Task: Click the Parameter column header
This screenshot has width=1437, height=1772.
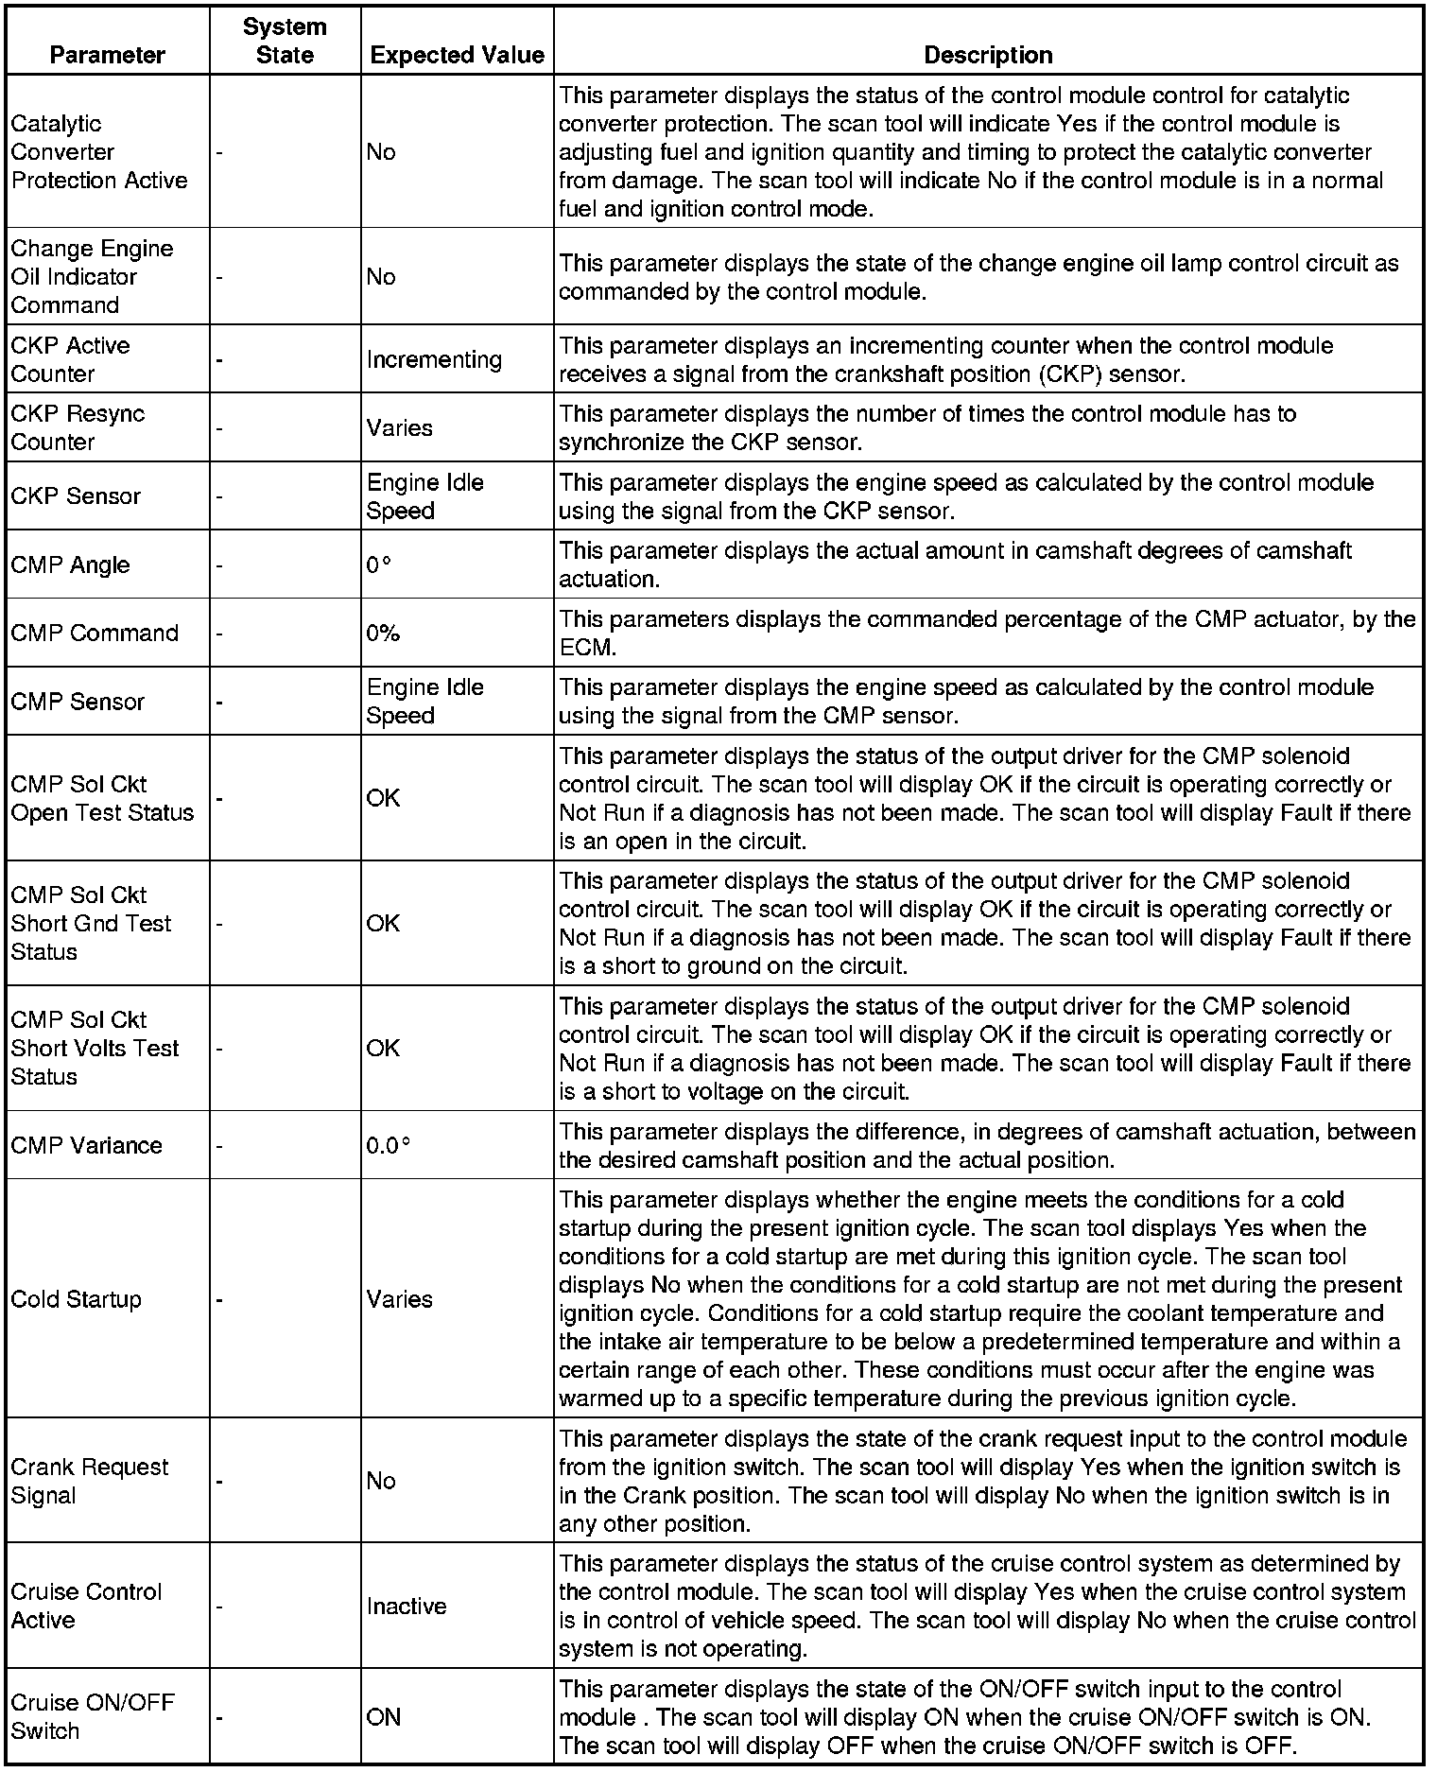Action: pyautogui.click(x=107, y=55)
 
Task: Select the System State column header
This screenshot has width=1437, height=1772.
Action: pyautogui.click(x=285, y=41)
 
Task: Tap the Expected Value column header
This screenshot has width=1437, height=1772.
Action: pyautogui.click(x=458, y=55)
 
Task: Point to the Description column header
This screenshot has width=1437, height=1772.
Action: pyautogui.click(x=988, y=55)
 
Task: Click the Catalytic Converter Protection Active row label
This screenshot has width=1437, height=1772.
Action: pyautogui.click(x=99, y=151)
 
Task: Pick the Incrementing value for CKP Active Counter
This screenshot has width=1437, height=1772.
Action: pyautogui.click(x=434, y=359)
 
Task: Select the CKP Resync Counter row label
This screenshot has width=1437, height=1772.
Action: pyautogui.click(x=78, y=427)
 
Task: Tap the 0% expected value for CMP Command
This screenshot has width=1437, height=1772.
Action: pyautogui.click(x=383, y=633)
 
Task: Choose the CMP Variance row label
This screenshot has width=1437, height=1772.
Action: pyautogui.click(x=87, y=1145)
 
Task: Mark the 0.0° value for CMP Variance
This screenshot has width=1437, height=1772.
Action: pyautogui.click(x=389, y=1145)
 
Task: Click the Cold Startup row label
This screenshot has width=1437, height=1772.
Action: pyautogui.click(x=76, y=1298)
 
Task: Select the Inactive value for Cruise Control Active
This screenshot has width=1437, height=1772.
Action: pyautogui.click(x=407, y=1606)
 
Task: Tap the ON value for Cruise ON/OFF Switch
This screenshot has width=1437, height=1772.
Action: pyautogui.click(x=384, y=1716)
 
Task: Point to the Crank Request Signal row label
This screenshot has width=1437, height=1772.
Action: pyautogui.click(x=90, y=1481)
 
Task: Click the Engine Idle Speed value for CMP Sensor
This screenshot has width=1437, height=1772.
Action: pyautogui.click(x=425, y=702)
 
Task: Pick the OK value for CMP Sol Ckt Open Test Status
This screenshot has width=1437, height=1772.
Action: pyautogui.click(x=383, y=798)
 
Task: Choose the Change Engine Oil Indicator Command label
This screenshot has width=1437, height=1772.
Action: pyautogui.click(x=92, y=276)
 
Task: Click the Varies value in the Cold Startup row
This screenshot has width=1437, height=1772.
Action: pyautogui.click(x=400, y=1298)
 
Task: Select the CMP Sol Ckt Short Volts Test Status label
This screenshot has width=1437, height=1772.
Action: pyautogui.click(x=95, y=1048)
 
